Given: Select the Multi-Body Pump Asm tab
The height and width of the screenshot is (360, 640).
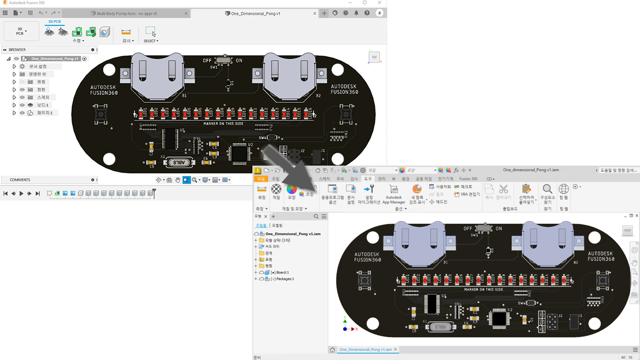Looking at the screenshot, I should [126, 13].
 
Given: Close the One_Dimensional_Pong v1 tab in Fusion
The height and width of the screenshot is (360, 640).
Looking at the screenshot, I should [315, 13].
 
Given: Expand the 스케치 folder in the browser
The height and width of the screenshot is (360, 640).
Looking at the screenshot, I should [14, 97].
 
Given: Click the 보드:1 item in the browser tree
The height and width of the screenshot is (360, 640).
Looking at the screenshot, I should [43, 105].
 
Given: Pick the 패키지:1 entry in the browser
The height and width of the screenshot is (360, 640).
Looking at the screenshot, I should [44, 113].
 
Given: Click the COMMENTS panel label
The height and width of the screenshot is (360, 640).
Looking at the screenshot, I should [20, 180].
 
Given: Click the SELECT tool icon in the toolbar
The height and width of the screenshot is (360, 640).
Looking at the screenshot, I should [150, 32].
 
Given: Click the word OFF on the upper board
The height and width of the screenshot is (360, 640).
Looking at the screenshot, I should [207, 61].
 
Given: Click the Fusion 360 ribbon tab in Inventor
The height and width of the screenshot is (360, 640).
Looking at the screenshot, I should [468, 179].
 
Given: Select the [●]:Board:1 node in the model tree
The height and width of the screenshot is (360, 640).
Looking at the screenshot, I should [280, 272].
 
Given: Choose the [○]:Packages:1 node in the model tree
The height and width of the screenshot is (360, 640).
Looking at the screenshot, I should [282, 279].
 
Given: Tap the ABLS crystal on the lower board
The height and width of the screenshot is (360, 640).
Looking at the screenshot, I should [441, 327].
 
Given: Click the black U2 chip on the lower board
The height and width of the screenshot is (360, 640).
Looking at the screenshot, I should [499, 319].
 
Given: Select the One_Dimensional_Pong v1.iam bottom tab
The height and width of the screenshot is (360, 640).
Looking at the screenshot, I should [365, 350].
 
